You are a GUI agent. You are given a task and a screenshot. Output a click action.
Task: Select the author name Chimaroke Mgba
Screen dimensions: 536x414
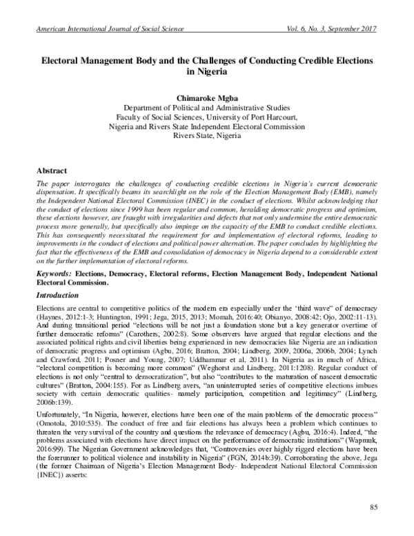coord(206,97)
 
